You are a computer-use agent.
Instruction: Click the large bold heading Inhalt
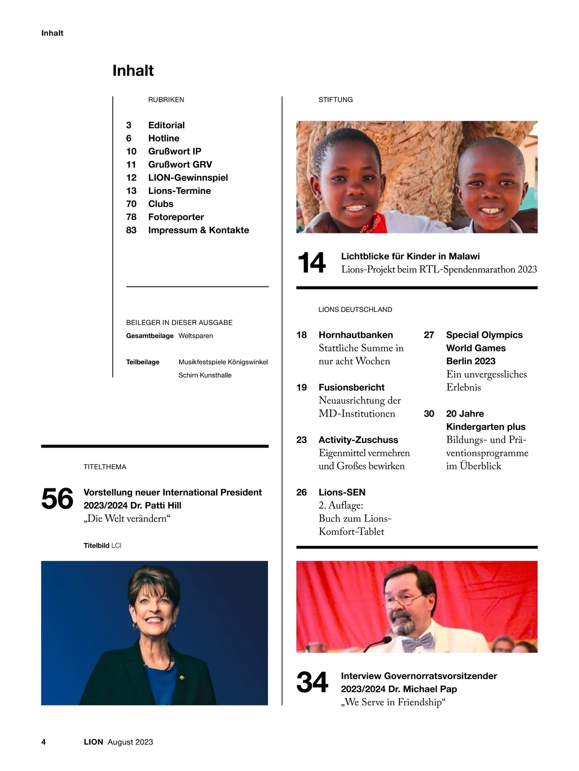pyautogui.click(x=133, y=70)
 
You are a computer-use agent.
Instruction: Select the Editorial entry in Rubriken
pyautogui.click(x=166, y=125)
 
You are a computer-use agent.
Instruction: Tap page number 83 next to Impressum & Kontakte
pyautogui.click(x=131, y=230)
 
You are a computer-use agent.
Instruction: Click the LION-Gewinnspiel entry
pyautogui.click(x=188, y=178)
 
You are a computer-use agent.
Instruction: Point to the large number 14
pyautogui.click(x=312, y=263)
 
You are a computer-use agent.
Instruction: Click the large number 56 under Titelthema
pyautogui.click(x=57, y=499)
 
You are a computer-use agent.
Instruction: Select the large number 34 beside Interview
pyautogui.click(x=312, y=683)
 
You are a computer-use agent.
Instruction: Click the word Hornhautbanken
pyautogui.click(x=356, y=335)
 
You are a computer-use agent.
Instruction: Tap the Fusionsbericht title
pyautogui.click(x=351, y=388)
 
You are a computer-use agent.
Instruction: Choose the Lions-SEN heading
pyautogui.click(x=342, y=492)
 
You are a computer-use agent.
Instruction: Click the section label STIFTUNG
pyautogui.click(x=335, y=100)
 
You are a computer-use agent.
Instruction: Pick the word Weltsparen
pyautogui.click(x=195, y=336)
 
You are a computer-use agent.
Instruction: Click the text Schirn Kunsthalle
pyautogui.click(x=205, y=375)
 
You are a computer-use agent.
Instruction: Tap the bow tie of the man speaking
pyautogui.click(x=418, y=642)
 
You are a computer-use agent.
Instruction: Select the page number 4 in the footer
pyautogui.click(x=43, y=742)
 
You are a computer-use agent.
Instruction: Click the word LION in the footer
pyautogui.click(x=93, y=742)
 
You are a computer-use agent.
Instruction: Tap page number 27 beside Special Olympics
pyautogui.click(x=428, y=335)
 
